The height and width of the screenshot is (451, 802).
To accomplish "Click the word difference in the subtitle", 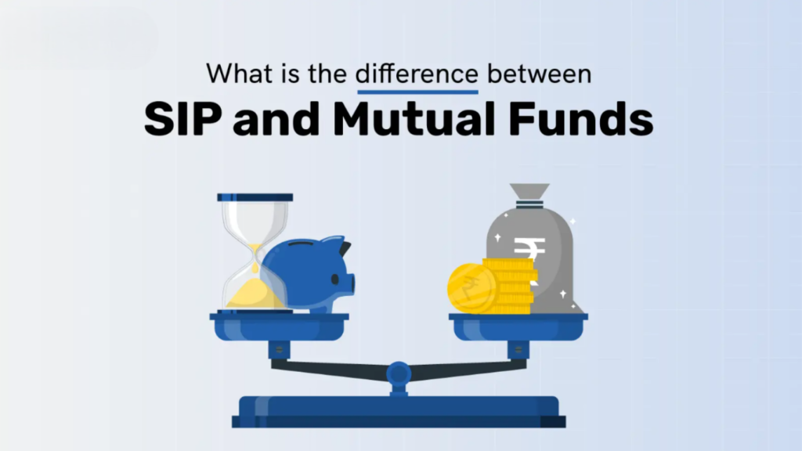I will [417, 74].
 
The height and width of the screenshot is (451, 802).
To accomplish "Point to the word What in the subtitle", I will [241, 74].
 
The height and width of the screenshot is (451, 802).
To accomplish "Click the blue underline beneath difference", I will [417, 92].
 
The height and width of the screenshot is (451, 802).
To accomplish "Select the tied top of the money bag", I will [529, 193].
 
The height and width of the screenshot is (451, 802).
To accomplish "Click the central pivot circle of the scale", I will [399, 370].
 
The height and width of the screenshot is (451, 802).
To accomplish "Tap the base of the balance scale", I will [399, 411].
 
